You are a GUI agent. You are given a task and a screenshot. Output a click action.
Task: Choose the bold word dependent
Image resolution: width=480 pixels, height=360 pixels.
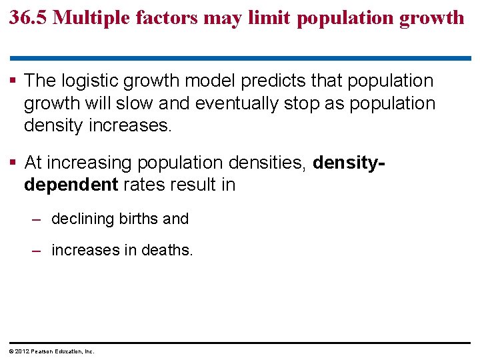point(71,185)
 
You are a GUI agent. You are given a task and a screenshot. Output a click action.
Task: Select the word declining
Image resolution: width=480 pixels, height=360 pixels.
point(83,219)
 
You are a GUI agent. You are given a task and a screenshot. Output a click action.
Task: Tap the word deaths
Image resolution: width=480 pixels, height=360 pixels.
point(169,251)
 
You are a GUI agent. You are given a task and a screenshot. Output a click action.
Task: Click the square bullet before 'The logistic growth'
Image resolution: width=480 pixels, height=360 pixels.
point(13,81)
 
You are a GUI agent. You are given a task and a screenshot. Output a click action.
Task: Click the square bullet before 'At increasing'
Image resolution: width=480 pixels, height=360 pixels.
point(13,162)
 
